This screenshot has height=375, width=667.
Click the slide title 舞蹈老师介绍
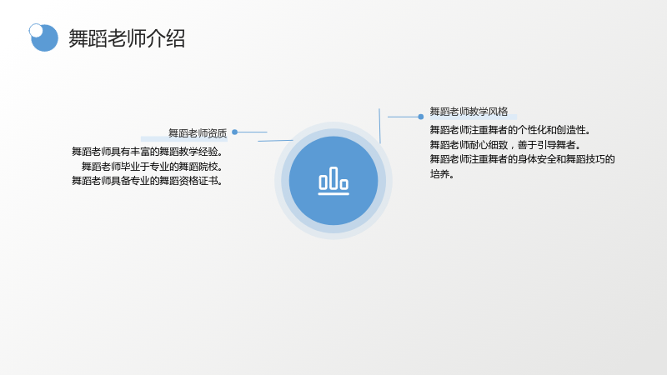click(x=127, y=38)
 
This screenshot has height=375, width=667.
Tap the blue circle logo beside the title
click(x=45, y=38)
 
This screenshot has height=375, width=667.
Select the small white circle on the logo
click(x=36, y=30)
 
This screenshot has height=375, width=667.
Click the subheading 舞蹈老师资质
click(x=198, y=133)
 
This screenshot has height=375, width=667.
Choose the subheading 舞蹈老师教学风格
click(x=469, y=112)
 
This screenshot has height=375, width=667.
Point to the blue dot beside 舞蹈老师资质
click(x=235, y=132)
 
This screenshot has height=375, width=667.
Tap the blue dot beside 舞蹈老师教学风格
click(x=421, y=117)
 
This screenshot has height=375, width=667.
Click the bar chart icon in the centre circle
click(x=333, y=181)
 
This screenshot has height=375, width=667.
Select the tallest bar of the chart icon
click(x=333, y=177)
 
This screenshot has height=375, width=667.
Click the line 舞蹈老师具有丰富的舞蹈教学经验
click(x=147, y=152)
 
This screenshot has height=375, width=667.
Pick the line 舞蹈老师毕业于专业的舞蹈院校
click(x=152, y=166)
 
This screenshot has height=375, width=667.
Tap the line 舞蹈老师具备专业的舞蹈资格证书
click(x=147, y=181)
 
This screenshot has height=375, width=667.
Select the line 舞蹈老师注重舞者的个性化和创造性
click(x=510, y=130)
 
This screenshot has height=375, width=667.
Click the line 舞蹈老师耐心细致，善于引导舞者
click(x=505, y=144)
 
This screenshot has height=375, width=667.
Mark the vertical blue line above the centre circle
click(x=379, y=126)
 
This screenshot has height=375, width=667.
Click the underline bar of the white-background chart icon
click(x=333, y=194)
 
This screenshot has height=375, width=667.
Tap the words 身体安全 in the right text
click(x=537, y=159)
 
